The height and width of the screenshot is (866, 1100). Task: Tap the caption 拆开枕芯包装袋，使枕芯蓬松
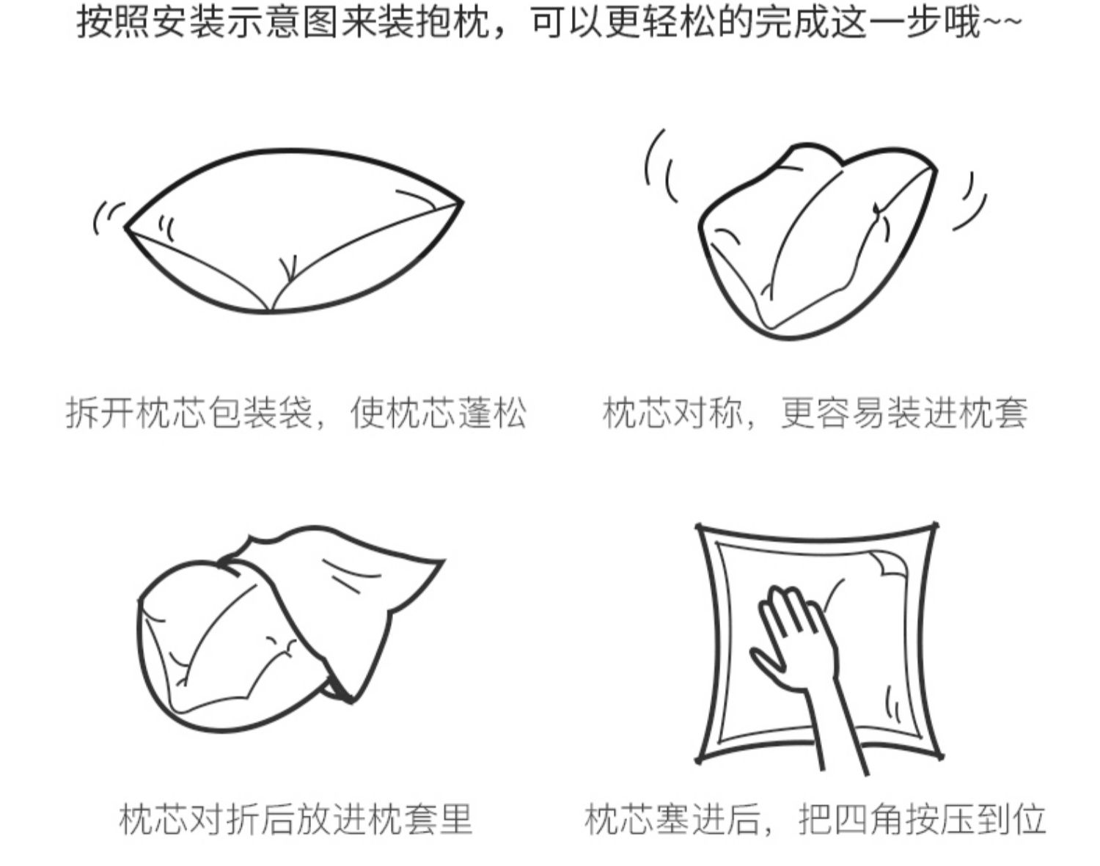[296, 413]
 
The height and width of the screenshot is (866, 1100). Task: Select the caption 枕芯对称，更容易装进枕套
[815, 413]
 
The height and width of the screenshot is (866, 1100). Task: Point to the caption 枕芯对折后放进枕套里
[296, 818]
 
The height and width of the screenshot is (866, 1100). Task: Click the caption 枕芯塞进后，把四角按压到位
[815, 818]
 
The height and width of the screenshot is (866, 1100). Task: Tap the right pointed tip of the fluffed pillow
[463, 202]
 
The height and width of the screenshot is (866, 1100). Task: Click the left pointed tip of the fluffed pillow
[126, 227]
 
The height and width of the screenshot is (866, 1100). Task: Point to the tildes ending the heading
[1002, 21]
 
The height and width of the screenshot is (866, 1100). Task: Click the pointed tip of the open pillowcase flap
[444, 561]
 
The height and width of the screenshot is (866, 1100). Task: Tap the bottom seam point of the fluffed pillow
[269, 310]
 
